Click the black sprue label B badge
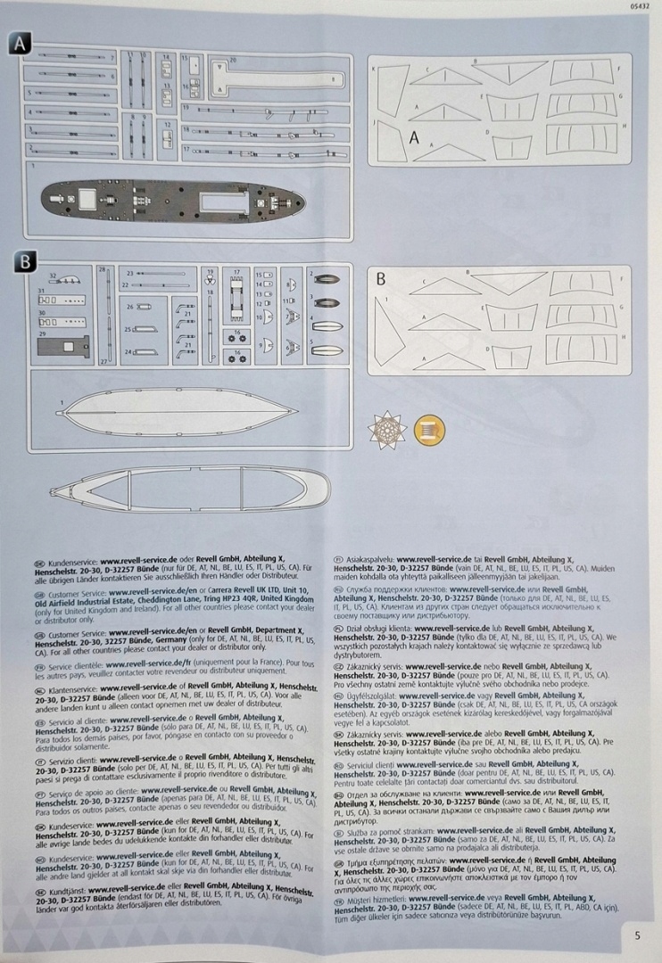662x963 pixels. coord(25,261)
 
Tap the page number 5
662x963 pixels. coord(637,935)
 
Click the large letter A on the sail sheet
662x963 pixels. coord(414,137)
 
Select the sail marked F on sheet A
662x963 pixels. coord(579,73)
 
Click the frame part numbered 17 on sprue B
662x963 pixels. coord(237,300)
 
